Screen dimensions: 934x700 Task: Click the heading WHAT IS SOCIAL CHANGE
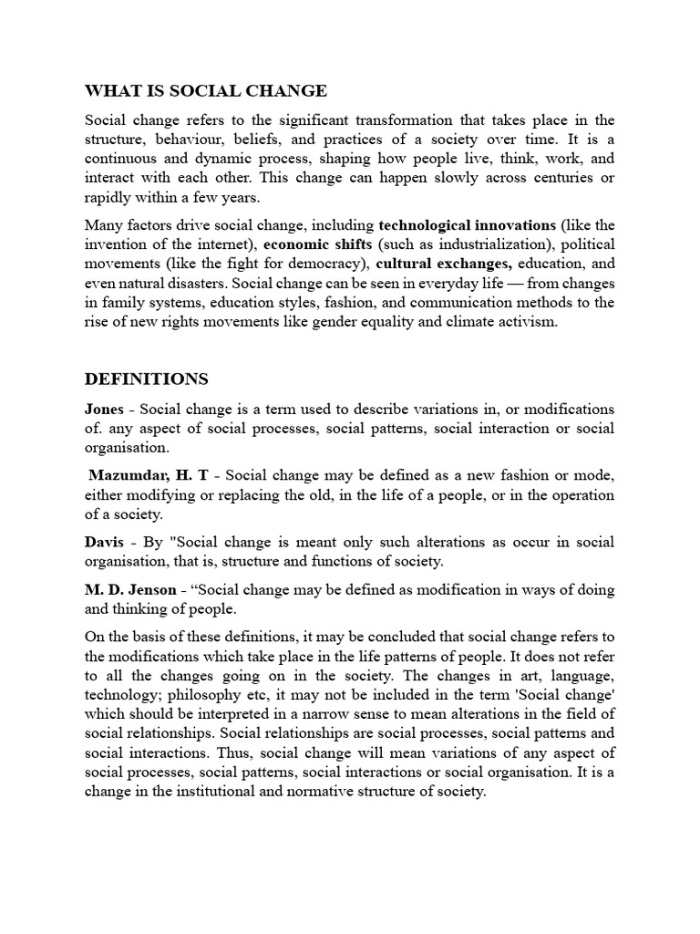point(205,90)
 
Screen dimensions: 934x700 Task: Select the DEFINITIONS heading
point(146,379)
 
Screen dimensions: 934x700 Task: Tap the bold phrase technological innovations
point(467,224)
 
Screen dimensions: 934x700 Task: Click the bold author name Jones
point(104,409)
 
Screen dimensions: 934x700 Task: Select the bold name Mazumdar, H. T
point(153,475)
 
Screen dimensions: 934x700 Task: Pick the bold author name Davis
point(104,542)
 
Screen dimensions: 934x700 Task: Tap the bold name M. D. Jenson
point(130,589)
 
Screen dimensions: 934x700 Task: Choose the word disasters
point(202,283)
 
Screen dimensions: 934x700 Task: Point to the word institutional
point(248,792)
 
